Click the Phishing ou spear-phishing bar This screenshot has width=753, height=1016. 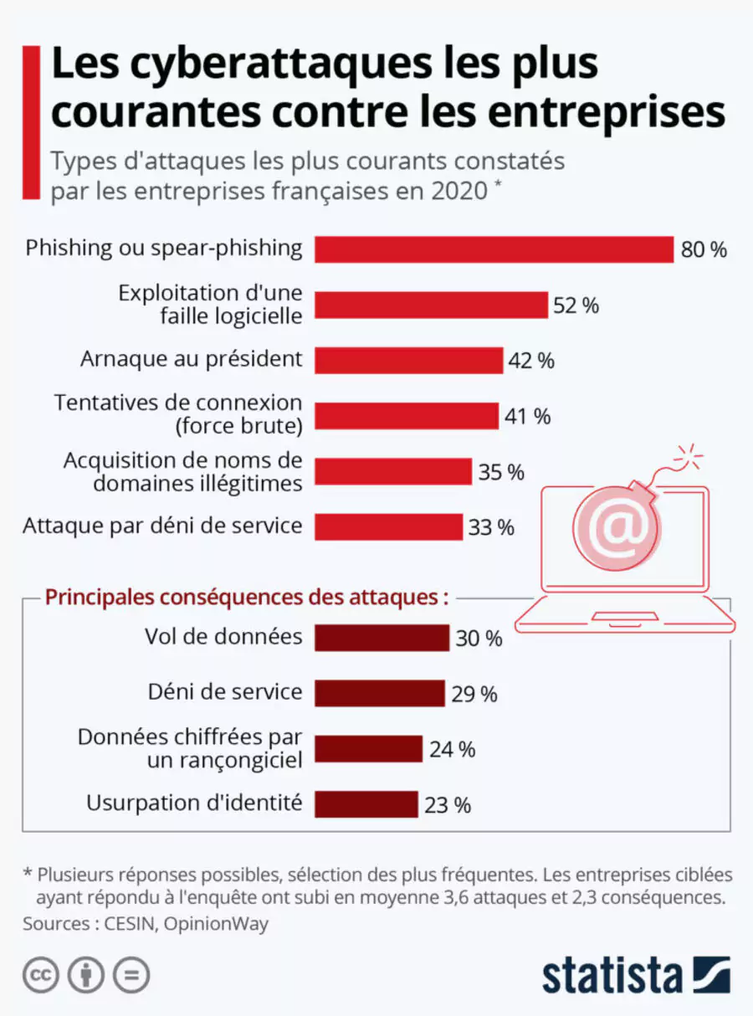(494, 249)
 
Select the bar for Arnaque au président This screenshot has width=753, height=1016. (408, 361)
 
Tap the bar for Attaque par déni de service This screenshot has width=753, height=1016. (388, 527)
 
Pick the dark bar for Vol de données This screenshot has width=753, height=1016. (382, 638)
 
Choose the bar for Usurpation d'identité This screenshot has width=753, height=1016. (366, 804)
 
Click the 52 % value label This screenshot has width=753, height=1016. (576, 305)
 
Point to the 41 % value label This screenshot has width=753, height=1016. (527, 416)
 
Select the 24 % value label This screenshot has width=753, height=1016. (452, 749)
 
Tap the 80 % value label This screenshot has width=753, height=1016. (703, 249)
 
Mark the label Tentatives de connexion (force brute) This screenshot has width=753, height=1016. (177, 414)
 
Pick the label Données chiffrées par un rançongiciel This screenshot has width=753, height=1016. (190, 748)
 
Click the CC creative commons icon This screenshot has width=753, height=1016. (40, 976)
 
